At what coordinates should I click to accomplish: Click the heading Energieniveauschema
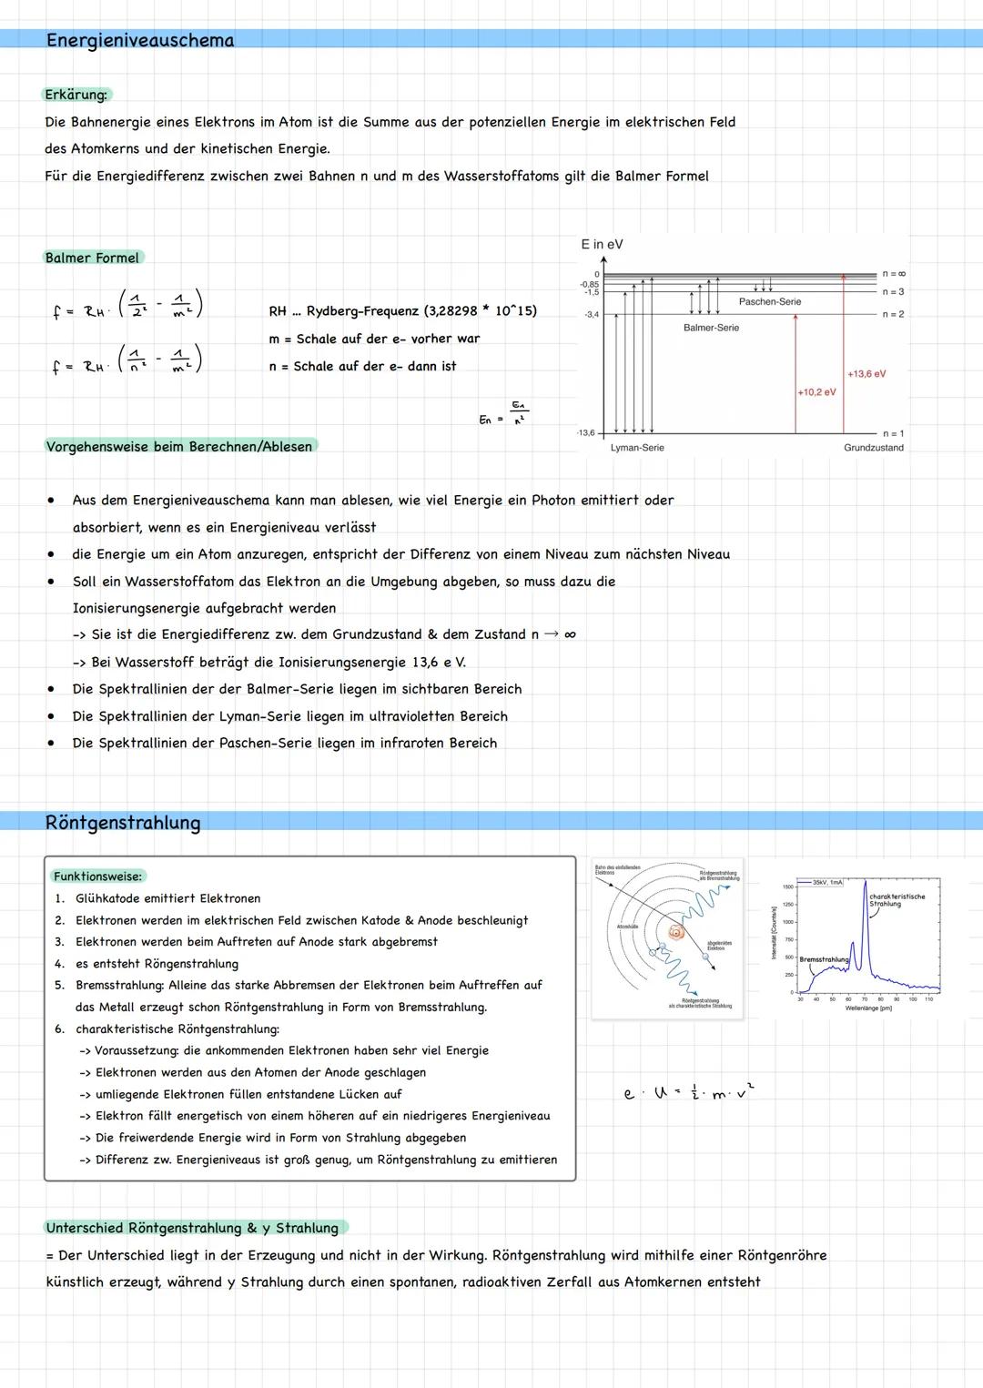pos(140,40)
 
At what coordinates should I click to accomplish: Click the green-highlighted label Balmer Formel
pos(93,258)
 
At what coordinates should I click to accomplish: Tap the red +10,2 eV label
pos(816,392)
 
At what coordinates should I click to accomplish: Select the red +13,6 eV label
pos(866,374)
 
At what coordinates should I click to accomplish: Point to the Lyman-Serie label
pos(637,448)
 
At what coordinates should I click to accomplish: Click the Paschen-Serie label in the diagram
pos(770,301)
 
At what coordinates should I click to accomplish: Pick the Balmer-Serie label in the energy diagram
pos(711,328)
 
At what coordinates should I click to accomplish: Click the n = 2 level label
pos(893,314)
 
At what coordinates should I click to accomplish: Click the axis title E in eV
pos(602,244)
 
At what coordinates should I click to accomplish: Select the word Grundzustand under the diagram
pos(873,448)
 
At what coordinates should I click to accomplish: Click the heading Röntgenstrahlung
pos(123,823)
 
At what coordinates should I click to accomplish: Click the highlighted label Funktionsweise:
pos(97,876)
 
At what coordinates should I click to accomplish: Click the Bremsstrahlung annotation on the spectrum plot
pos(823,959)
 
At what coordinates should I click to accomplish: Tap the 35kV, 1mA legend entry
pos(827,883)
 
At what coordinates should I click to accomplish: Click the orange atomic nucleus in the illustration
pos(675,932)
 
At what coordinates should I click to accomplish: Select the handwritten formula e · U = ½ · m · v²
pos(688,1091)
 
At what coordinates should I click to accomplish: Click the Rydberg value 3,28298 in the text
pos(451,311)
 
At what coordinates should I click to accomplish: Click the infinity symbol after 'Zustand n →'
pos(570,634)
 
